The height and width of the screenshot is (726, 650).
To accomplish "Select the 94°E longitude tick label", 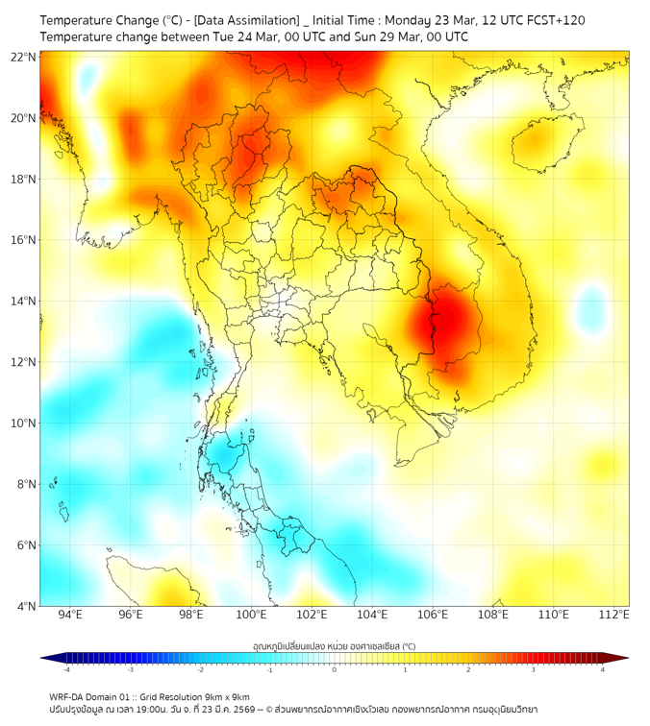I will pyautogui.click(x=70, y=615).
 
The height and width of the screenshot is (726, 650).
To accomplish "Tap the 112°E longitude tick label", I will pyautogui.click(x=613, y=615).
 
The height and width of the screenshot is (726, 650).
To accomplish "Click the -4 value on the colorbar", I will pyautogui.click(x=65, y=669).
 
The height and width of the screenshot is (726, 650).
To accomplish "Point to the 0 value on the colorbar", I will pyautogui.click(x=335, y=669).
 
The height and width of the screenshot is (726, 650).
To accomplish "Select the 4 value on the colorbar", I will pyautogui.click(x=603, y=669).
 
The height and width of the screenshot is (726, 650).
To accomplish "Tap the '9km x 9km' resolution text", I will pyautogui.click(x=227, y=696).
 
